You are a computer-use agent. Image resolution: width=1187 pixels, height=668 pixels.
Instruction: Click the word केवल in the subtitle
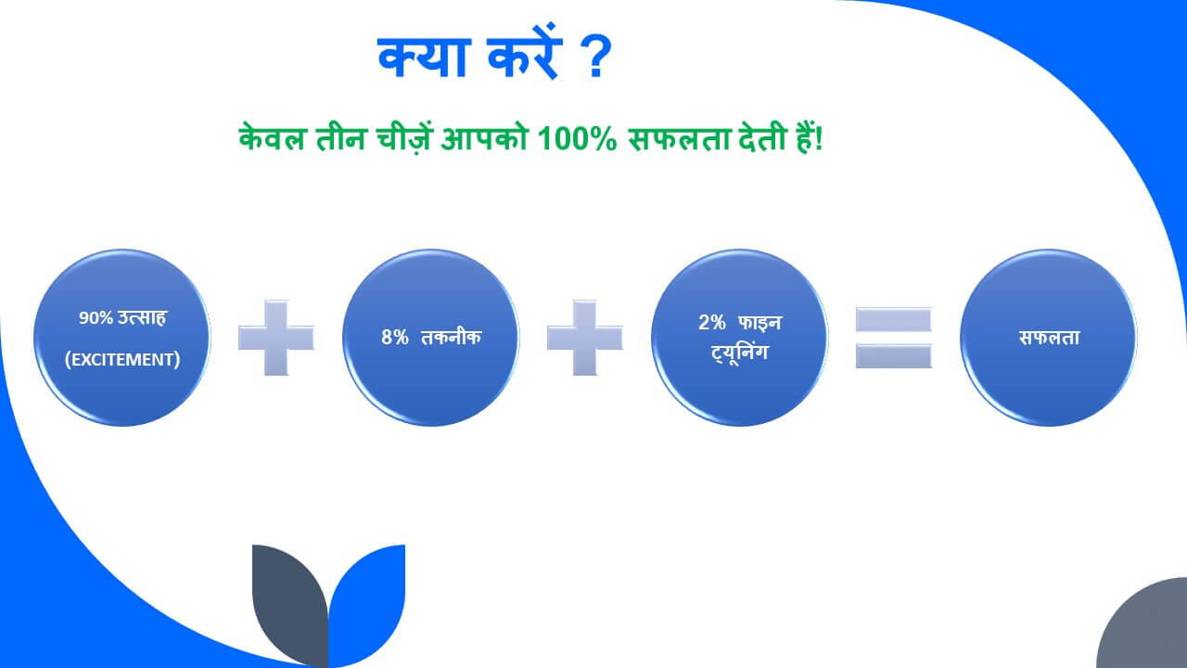coord(268,140)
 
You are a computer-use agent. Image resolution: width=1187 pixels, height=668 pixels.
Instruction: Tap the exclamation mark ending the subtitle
coord(821,140)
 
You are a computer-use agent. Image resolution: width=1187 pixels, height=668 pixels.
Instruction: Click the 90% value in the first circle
coord(95,318)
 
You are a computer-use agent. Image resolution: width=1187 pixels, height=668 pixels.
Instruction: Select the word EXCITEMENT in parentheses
coord(122,359)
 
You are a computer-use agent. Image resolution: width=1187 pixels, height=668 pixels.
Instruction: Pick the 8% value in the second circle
coord(395,338)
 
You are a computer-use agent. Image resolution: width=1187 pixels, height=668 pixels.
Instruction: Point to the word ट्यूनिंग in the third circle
coord(740,353)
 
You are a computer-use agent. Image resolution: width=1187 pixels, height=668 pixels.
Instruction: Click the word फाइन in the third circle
coord(760,323)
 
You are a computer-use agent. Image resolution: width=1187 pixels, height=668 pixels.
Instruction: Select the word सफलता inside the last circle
coord(1048,338)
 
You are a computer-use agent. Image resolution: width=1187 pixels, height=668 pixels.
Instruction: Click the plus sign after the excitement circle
coord(276,338)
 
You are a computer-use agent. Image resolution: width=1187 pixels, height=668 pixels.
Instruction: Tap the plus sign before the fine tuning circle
coord(584,338)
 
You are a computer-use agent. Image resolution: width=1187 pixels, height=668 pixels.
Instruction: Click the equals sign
coord(893,338)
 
